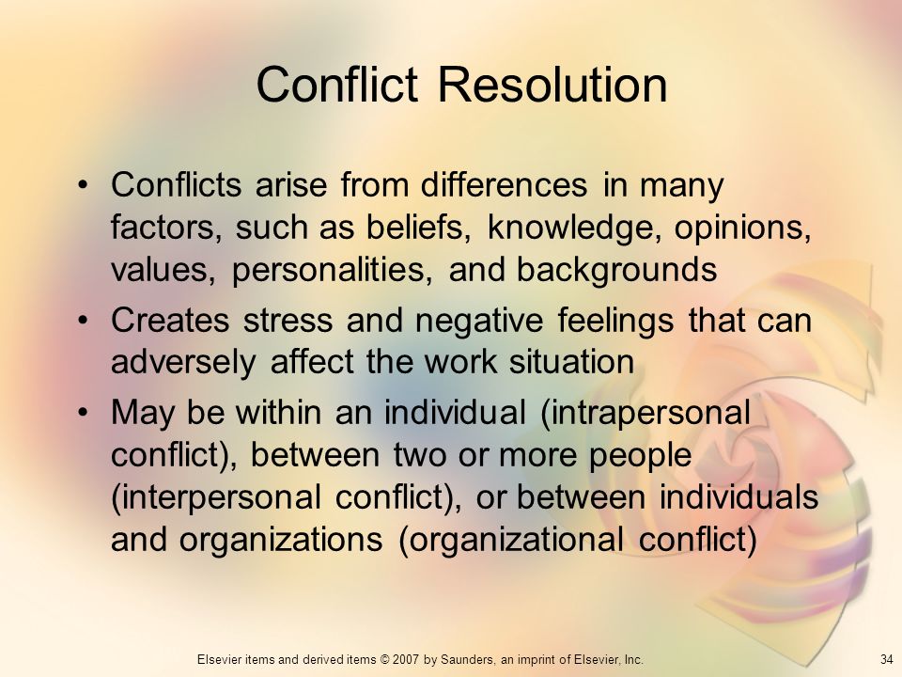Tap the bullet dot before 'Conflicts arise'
point(84,184)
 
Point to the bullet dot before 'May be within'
point(84,412)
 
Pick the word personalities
point(332,270)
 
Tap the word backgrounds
point(616,270)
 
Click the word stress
point(288,320)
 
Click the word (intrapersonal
point(645,414)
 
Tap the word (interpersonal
point(216,498)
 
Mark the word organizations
point(281,541)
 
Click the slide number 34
point(886,659)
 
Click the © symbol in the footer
point(384,660)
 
